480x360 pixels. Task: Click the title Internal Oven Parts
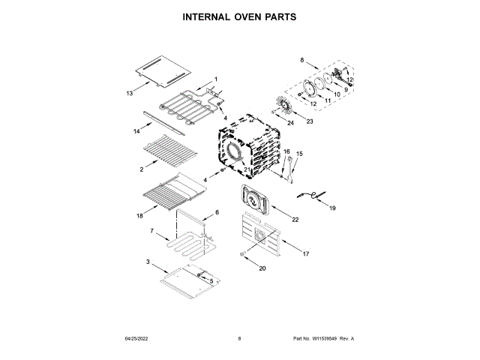(x=239, y=16)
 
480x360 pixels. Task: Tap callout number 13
(x=129, y=94)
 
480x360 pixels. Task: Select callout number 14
(x=136, y=131)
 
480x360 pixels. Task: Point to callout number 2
(x=141, y=170)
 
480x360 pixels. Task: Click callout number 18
(x=139, y=216)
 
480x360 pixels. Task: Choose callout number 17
(x=306, y=254)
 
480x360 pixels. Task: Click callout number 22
(x=295, y=220)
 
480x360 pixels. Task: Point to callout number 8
(x=302, y=59)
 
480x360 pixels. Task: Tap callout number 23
(x=308, y=121)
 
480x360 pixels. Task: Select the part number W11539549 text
(x=322, y=339)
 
